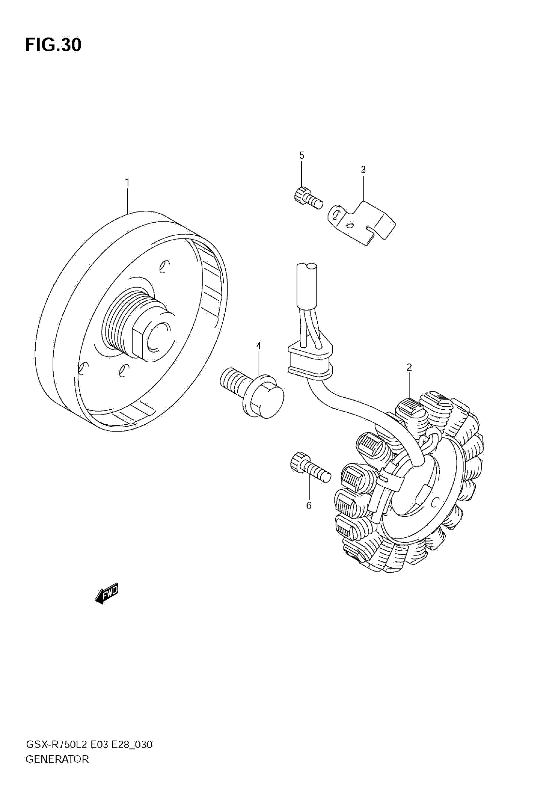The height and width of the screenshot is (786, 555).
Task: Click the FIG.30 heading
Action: (53, 45)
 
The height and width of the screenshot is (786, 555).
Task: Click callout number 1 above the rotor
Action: (127, 182)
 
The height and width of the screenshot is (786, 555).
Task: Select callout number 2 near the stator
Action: (409, 367)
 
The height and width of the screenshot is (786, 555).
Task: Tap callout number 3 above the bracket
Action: (363, 170)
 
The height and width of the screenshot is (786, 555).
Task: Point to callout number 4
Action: (259, 346)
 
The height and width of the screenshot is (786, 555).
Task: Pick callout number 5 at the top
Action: (302, 155)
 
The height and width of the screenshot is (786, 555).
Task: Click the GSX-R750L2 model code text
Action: (58, 744)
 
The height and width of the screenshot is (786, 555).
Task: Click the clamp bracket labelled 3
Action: (363, 223)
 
